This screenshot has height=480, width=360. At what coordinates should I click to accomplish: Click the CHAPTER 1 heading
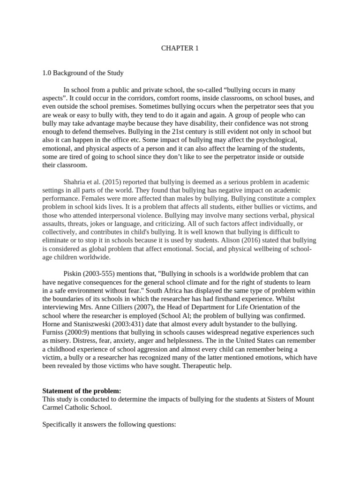click(180, 48)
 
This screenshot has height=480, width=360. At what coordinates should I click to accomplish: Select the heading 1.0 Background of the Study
click(83, 73)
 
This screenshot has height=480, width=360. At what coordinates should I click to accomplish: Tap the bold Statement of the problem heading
click(82, 390)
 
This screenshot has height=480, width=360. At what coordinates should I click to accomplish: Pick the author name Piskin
click(72, 273)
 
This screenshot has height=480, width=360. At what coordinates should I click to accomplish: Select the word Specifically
click(60, 424)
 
